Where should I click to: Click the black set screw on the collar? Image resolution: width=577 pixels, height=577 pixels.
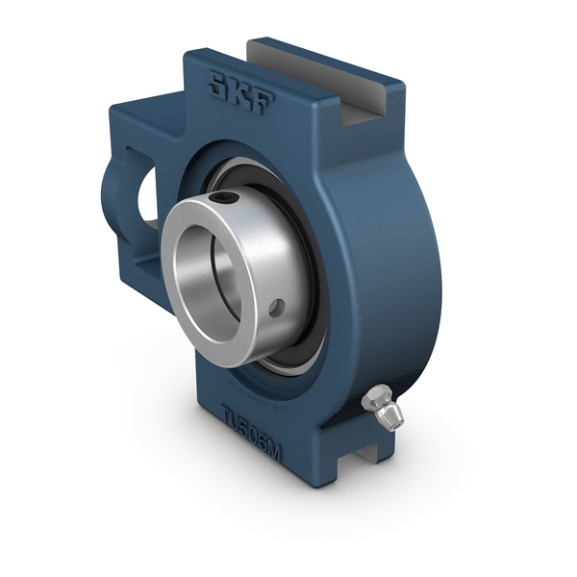[x=228, y=197]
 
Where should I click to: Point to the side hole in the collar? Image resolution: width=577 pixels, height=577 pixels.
[x=277, y=309]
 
